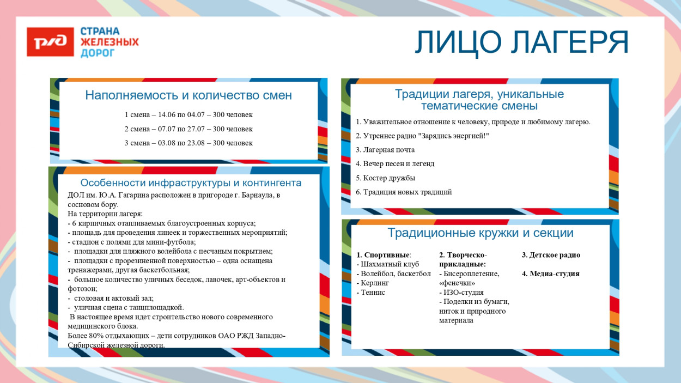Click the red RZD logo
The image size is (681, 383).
point(50,42)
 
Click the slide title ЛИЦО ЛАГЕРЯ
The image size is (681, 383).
point(521,42)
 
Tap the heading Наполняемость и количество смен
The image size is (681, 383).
point(188,95)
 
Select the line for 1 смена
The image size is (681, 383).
point(189,115)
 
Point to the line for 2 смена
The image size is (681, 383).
point(189,129)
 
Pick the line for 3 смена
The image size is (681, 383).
point(189,143)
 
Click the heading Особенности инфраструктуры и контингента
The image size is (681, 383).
point(191,183)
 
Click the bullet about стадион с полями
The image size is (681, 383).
point(131,242)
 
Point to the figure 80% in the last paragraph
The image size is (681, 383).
point(95,336)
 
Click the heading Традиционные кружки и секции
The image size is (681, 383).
point(480,233)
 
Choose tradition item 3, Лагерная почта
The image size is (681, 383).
point(385,150)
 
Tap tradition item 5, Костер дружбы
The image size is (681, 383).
point(385,178)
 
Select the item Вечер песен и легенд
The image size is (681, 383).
point(395,164)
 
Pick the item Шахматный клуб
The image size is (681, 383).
point(387,264)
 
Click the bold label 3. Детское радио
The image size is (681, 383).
point(551,255)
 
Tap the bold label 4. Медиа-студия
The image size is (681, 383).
point(550,274)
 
